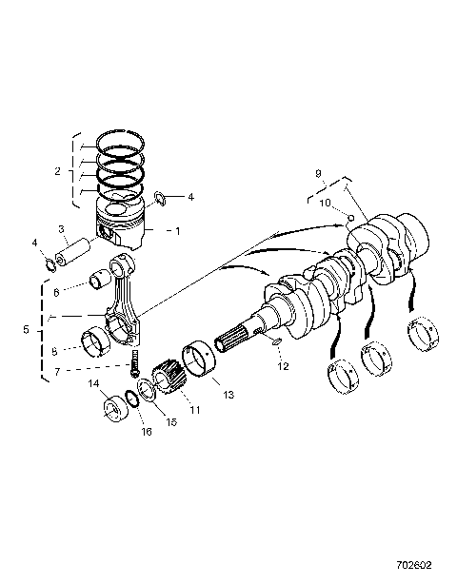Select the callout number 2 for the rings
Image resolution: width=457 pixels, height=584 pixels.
pos(58,171)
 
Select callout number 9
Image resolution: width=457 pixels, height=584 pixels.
pos(318,174)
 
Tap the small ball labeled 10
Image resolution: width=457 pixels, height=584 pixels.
pos(349,218)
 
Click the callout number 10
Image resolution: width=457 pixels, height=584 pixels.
pos(324,203)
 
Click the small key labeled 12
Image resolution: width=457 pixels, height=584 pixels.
pos(274,341)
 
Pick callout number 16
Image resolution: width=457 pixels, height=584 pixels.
pos(146,431)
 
